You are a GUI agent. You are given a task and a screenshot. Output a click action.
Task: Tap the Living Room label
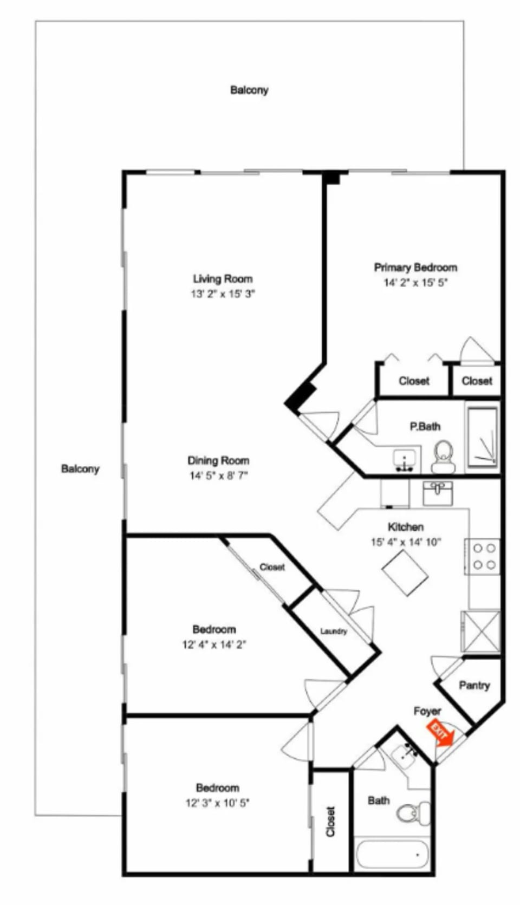tap(223, 279)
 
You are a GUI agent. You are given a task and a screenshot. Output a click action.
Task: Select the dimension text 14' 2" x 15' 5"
tap(415, 282)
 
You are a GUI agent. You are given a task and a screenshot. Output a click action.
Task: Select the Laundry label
tap(333, 631)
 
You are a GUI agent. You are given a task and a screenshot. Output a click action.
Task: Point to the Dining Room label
tap(218, 460)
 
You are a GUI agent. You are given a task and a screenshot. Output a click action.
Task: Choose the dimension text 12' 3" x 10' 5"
tap(217, 803)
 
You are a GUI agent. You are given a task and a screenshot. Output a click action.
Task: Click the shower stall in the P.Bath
tap(483, 435)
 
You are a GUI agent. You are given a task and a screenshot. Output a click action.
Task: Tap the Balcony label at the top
tap(249, 90)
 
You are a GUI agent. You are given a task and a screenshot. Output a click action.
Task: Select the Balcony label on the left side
tap(80, 468)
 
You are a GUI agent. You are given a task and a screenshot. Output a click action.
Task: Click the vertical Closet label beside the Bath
tap(330, 822)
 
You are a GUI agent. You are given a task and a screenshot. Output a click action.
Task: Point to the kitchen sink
tap(438, 493)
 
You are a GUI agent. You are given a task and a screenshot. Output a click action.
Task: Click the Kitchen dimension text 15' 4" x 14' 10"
tap(406, 542)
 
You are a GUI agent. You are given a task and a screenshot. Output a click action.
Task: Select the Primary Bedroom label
tap(415, 268)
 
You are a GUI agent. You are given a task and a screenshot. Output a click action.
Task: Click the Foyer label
tap(427, 711)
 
